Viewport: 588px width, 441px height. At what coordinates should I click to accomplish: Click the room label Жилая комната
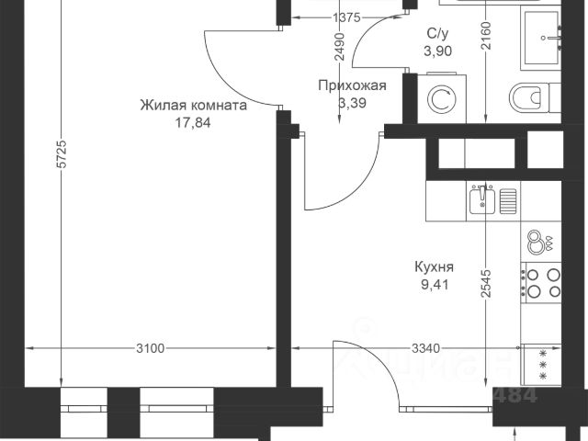pyautogui.click(x=194, y=105)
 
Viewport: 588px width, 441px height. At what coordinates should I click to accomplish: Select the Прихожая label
pyautogui.click(x=351, y=86)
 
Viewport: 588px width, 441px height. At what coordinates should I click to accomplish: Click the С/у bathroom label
pyautogui.click(x=437, y=35)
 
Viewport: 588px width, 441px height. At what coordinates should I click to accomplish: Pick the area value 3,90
pyautogui.click(x=437, y=51)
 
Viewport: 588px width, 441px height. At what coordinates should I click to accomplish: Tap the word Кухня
pyautogui.click(x=436, y=269)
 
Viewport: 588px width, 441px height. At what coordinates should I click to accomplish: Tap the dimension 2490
pyautogui.click(x=340, y=46)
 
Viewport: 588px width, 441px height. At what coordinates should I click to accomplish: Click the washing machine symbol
pyautogui.click(x=439, y=98)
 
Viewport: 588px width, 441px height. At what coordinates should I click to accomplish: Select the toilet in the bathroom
pyautogui.click(x=531, y=96)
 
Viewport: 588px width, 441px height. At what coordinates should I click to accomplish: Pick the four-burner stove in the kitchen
pyautogui.click(x=542, y=282)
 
